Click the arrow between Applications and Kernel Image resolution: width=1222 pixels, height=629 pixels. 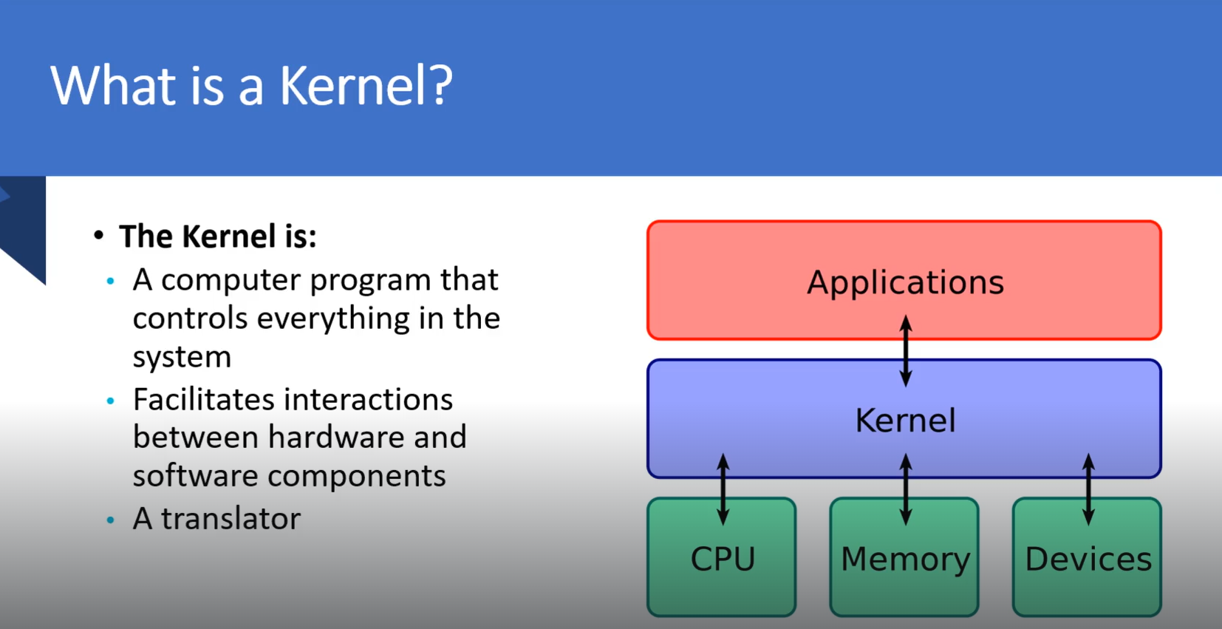click(906, 350)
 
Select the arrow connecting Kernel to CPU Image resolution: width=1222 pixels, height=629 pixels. click(723, 489)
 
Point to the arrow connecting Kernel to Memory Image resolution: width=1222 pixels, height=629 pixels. click(906, 489)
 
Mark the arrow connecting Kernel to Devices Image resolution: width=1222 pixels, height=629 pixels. click(1088, 489)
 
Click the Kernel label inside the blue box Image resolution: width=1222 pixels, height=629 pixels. click(905, 421)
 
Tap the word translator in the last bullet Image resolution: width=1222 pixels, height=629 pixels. click(231, 519)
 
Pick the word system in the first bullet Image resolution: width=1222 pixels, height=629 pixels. click(182, 358)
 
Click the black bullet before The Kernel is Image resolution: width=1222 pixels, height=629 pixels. click(99, 236)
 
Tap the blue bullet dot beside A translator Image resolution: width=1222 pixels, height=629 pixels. click(111, 520)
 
